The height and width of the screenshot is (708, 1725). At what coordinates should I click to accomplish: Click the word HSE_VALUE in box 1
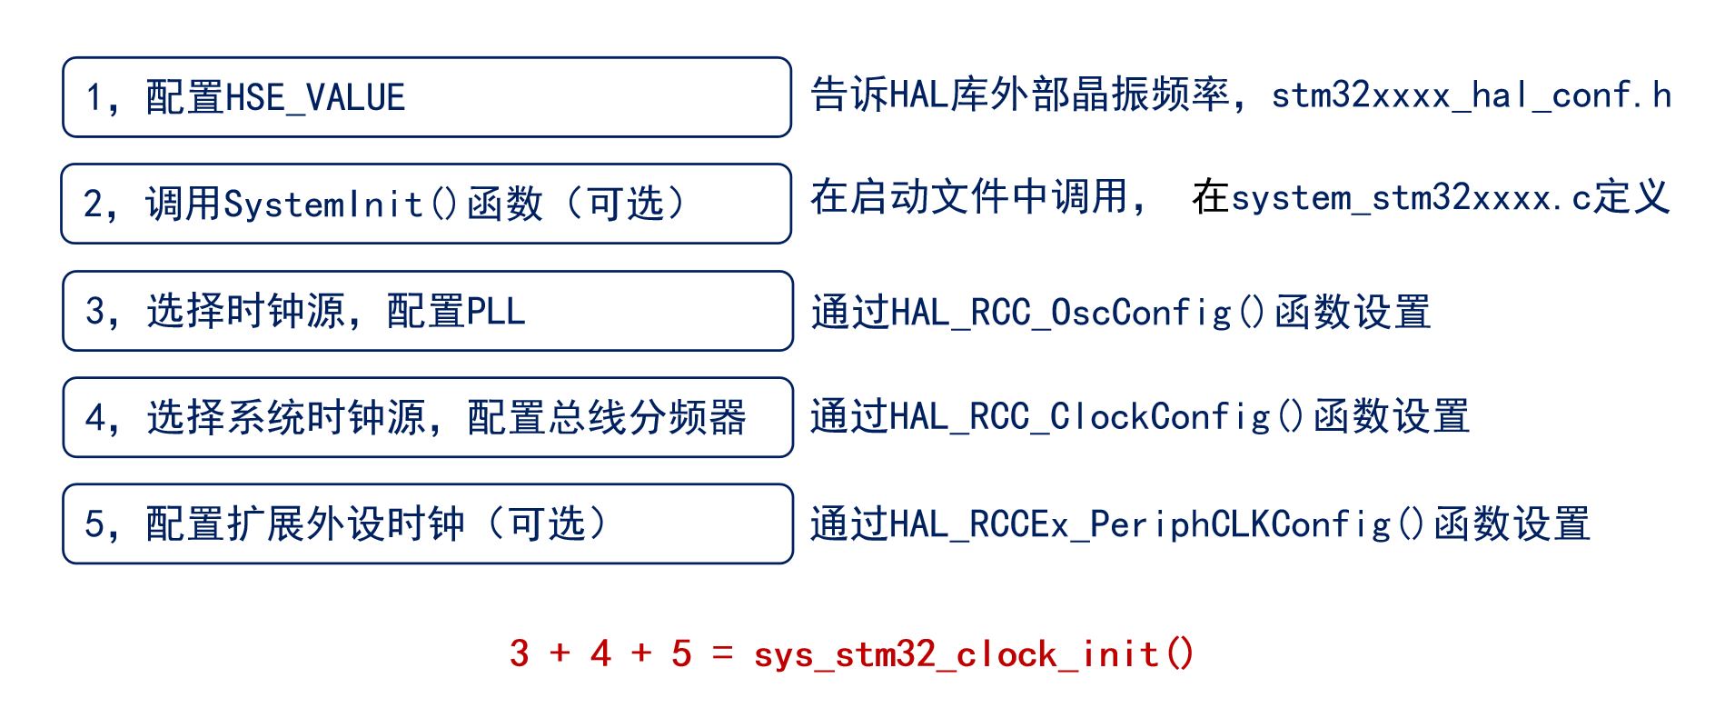[314, 98]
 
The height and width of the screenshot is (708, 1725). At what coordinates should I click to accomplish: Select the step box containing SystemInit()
[426, 204]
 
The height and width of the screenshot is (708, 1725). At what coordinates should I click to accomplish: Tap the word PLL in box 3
[495, 312]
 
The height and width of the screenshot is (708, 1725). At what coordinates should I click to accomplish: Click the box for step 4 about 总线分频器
[427, 417]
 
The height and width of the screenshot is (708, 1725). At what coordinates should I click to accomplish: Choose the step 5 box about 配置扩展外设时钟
[427, 524]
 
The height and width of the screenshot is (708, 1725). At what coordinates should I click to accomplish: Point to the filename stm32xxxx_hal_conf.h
[1471, 95]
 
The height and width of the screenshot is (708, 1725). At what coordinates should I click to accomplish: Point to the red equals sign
[722, 653]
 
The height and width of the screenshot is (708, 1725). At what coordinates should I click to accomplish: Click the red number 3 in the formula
[520, 654]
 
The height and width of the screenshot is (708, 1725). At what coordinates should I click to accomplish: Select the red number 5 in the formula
[681, 654]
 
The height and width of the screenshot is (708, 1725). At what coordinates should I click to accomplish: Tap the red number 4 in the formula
[600, 654]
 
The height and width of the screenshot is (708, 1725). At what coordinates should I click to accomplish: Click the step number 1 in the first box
[94, 98]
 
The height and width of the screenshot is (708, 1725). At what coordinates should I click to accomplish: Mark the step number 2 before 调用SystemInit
[94, 204]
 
